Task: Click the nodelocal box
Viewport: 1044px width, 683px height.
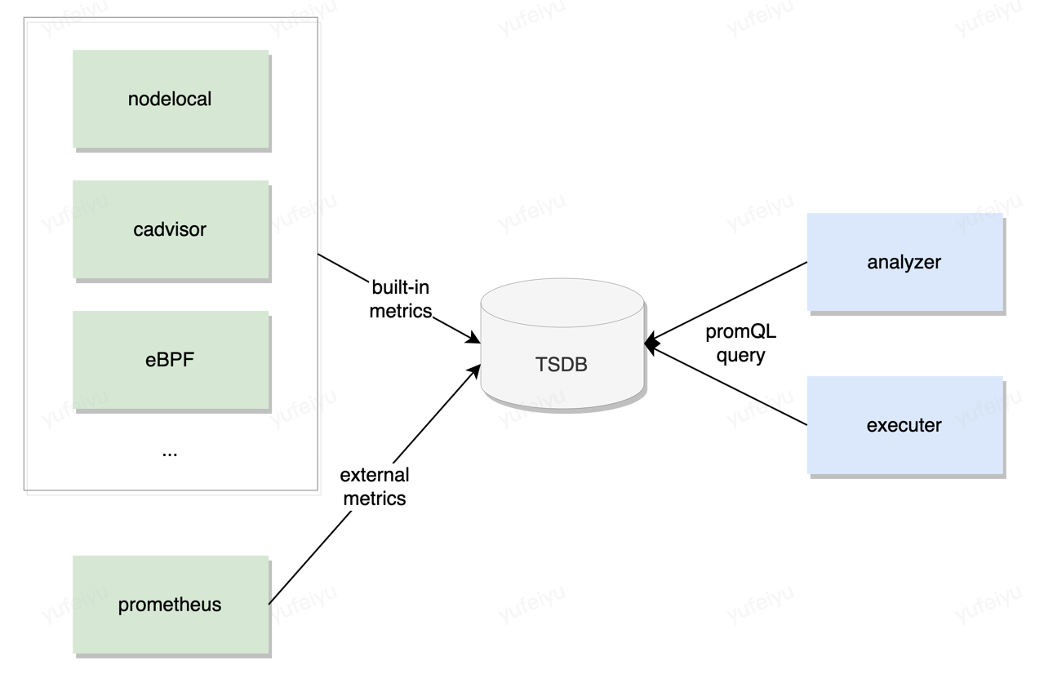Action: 171,100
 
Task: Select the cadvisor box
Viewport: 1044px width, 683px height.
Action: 171,229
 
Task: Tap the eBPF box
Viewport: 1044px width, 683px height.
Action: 171,360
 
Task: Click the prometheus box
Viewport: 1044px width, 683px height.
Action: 171,605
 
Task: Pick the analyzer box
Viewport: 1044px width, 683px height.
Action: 905,262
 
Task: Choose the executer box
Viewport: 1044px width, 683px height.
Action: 905,425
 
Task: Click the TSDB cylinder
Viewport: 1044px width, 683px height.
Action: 562,344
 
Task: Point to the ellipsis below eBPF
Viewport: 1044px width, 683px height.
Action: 170,454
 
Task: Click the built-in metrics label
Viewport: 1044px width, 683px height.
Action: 400,299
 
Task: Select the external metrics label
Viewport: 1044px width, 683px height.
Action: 375,487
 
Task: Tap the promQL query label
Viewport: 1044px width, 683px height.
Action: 740,344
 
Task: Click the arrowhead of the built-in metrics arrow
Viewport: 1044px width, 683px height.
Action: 473,338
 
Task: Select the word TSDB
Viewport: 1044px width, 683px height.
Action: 561,365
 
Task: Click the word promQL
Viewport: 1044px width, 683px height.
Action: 740,332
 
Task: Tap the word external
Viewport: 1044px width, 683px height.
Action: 375,475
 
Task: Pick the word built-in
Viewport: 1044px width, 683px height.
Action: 400,287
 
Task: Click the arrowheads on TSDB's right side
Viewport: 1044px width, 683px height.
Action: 652,344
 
